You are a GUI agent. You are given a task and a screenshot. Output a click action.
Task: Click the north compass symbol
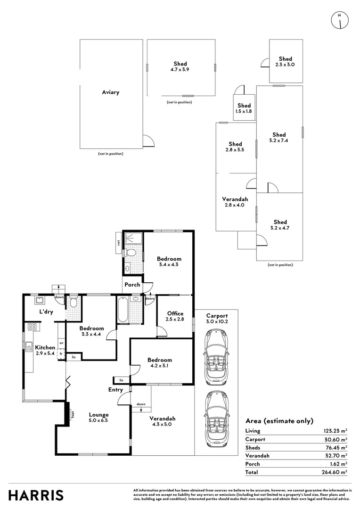tap(339, 19)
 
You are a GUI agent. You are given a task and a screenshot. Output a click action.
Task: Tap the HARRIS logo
tap(36, 495)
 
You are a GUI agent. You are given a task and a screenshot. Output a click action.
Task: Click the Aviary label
tap(111, 92)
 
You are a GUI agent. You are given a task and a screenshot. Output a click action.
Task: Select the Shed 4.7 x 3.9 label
tap(180, 66)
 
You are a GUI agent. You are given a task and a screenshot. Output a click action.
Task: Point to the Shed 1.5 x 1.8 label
tap(244, 108)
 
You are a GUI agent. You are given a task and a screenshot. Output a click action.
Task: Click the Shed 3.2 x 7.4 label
tap(279, 138)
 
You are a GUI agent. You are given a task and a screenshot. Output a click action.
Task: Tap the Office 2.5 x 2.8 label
tap(175, 316)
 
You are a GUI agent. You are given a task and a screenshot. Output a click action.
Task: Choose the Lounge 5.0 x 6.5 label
tap(98, 418)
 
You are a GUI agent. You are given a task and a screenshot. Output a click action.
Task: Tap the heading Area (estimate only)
tap(279, 421)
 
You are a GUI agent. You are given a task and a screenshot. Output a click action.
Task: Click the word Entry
tap(115, 390)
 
